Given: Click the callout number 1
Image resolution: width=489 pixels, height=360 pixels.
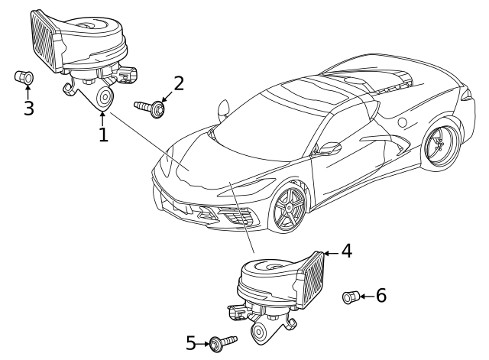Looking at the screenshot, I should [102, 135].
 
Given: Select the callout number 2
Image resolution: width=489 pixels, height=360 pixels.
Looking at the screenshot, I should [178, 83].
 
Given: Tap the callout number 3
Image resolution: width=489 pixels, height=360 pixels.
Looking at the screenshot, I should [28, 108].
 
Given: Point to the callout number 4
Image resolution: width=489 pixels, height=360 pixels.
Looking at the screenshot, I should [346, 251].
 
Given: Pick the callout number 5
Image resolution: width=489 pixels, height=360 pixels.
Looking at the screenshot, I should [192, 343].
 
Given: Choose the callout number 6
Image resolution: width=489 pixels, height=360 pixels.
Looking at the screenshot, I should [381, 296].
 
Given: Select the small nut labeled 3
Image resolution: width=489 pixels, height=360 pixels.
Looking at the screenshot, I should [22, 77].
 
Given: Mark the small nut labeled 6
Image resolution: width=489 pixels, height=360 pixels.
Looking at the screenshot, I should [350, 296].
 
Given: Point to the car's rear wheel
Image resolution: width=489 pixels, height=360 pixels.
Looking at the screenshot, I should [440, 144].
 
